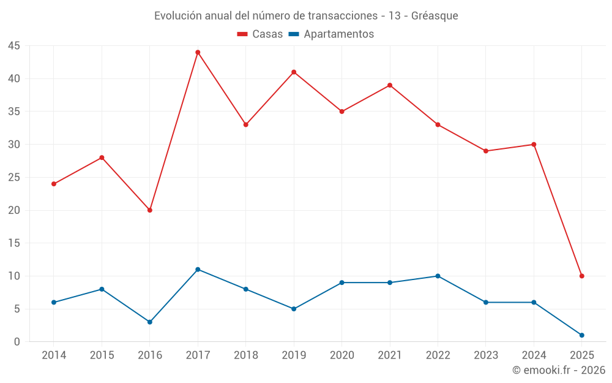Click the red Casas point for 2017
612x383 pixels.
tap(198, 52)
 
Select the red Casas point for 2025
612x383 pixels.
tap(581, 276)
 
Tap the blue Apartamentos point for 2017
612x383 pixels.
tap(198, 270)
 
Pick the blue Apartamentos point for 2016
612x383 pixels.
tap(150, 322)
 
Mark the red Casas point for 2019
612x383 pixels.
tap(294, 72)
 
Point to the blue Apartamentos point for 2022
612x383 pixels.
tap(438, 276)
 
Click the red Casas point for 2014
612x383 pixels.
tap(54, 184)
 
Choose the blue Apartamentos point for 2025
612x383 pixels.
tap(581, 335)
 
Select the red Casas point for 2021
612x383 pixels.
tap(390, 85)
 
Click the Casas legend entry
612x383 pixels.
tap(260, 34)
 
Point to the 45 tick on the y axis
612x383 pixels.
tap(14, 46)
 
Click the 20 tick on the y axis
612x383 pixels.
tap(14, 210)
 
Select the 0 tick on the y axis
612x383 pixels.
tap(17, 342)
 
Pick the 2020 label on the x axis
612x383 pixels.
tap(341, 355)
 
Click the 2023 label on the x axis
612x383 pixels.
tap(486, 355)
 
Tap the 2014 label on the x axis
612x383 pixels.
tap(54, 355)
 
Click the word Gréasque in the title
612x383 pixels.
tap(435, 16)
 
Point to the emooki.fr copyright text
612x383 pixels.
tap(559, 370)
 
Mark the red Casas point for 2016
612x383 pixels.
tap(150, 210)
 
